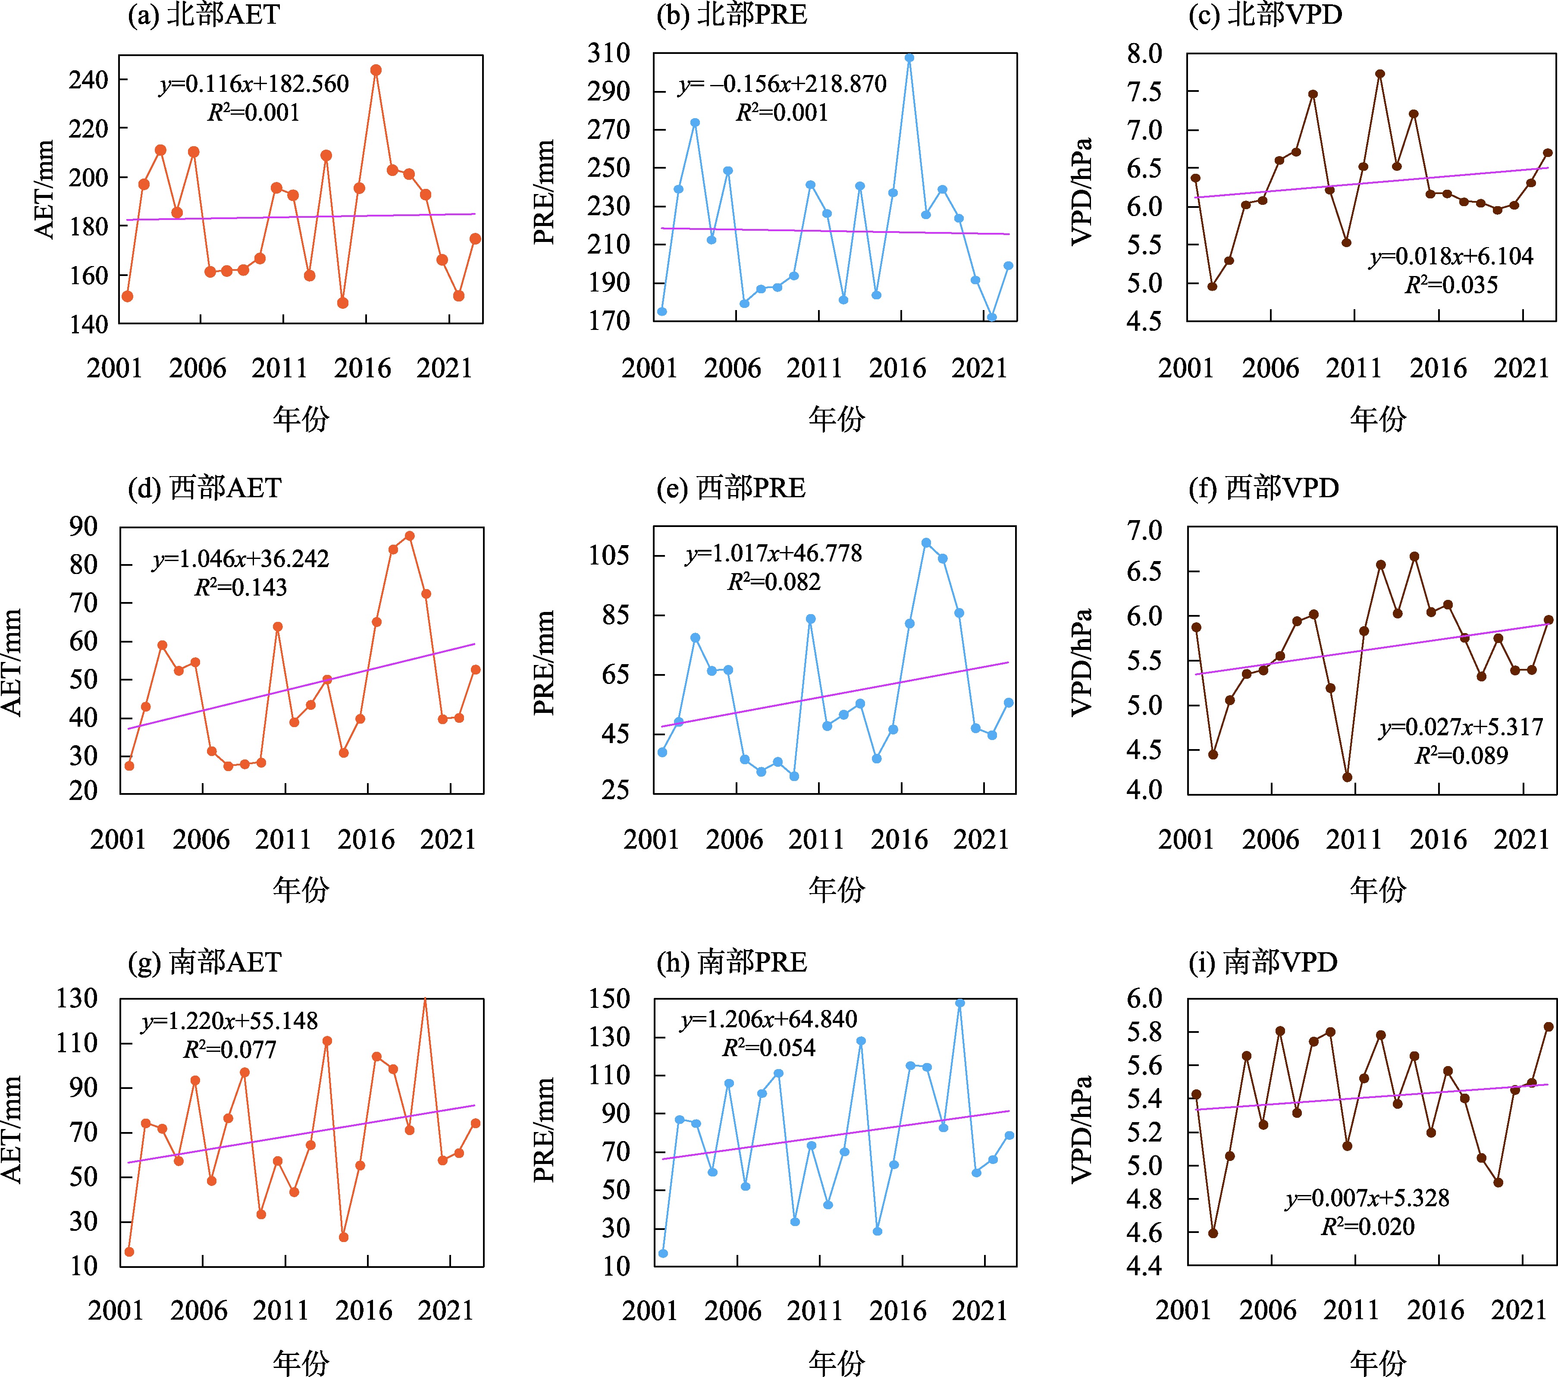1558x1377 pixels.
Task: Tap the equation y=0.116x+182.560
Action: tap(254, 84)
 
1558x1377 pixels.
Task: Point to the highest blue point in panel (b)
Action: tap(909, 58)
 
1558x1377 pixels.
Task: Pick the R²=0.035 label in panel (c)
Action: tap(1451, 285)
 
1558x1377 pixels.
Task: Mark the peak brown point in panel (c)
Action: tap(1379, 74)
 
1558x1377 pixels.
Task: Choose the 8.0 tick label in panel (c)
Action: tap(1145, 53)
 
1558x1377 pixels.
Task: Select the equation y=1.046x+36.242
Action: tap(241, 559)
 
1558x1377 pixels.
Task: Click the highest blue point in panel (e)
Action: tap(926, 543)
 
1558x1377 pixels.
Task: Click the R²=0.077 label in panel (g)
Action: tap(229, 1050)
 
